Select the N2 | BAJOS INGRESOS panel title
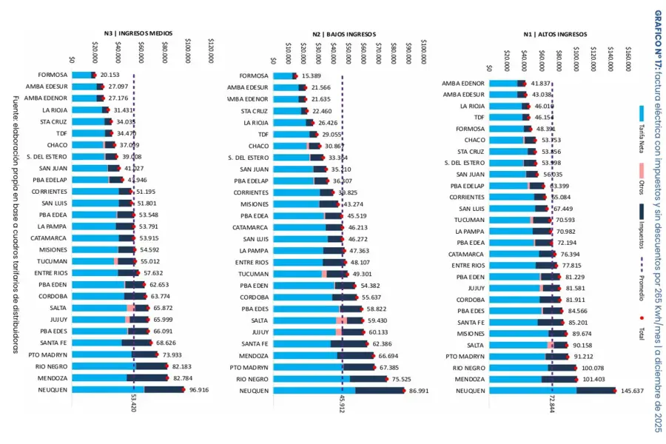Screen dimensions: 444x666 (345, 34)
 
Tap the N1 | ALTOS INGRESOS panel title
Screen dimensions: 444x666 (555, 34)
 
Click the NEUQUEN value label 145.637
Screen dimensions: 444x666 (633, 391)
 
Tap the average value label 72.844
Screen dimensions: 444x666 (552, 406)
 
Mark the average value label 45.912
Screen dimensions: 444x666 (342, 406)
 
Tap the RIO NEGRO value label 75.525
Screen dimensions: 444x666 (401, 379)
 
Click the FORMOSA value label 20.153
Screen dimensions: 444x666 (110, 75)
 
